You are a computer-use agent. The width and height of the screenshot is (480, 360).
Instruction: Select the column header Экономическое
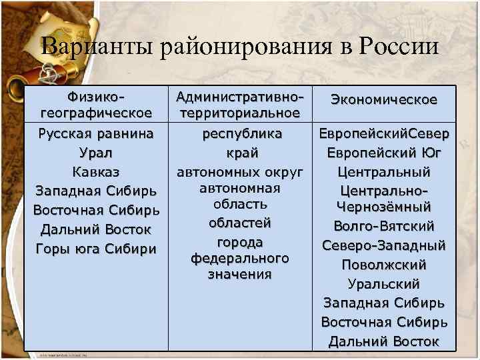384,99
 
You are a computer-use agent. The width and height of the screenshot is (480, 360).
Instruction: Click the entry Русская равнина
96,133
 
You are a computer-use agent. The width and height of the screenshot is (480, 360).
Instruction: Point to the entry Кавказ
96,172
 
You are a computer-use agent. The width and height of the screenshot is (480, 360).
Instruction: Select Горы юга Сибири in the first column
96,249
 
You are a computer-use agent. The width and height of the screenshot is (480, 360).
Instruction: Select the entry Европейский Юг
384,153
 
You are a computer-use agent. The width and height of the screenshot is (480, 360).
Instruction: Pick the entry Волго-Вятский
384,225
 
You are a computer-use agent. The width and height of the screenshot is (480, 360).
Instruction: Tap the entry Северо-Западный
384,245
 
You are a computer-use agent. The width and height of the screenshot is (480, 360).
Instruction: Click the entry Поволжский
384,265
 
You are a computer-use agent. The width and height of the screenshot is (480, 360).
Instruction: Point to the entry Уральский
384,284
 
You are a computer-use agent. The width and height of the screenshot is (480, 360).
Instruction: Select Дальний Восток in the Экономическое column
384,341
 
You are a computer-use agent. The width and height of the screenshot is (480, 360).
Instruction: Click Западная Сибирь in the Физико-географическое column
96,191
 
